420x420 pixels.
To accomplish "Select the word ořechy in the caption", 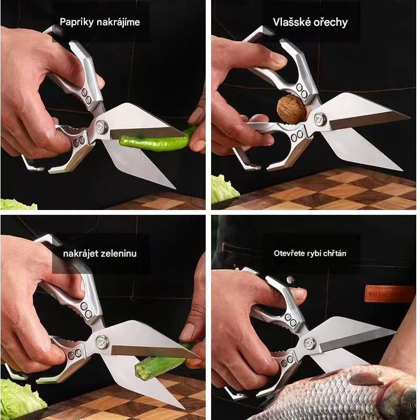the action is (x=329, y=22).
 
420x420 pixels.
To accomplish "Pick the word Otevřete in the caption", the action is (x=286, y=253).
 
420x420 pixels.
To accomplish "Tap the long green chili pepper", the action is (x=158, y=141).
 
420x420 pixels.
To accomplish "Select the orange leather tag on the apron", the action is (x=389, y=293).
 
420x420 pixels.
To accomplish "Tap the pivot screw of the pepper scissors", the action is (x=102, y=126).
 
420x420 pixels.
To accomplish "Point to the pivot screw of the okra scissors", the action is (x=102, y=342).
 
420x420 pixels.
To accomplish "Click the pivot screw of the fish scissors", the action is (x=310, y=344).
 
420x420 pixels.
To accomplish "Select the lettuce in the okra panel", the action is (x=20, y=396).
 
